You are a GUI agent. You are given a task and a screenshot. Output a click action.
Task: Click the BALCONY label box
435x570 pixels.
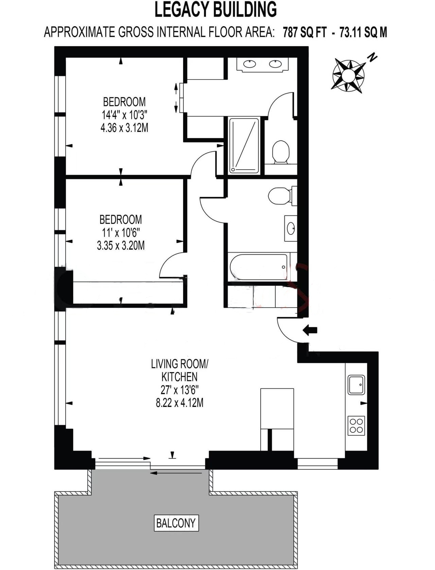pos(176,523)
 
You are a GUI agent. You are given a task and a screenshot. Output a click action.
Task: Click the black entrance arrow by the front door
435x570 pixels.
pos(310,330)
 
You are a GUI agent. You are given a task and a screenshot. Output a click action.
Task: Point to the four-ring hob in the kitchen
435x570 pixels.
pos(356,426)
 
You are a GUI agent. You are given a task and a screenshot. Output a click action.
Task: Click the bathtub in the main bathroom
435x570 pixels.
pos(259,267)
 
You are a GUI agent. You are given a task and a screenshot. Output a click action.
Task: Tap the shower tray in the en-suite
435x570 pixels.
pos(244,146)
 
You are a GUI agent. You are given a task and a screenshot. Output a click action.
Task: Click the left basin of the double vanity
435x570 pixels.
pos(250,64)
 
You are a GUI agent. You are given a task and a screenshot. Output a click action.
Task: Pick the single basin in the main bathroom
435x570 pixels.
pos(291,228)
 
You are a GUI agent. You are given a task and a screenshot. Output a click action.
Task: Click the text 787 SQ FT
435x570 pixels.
pos(304,33)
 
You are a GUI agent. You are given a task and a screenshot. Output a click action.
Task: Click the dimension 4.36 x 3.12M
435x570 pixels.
pos(124,128)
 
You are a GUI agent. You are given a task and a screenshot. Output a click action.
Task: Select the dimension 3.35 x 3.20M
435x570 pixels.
pos(121,245)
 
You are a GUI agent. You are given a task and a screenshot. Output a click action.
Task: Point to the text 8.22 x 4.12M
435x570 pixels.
pos(179,403)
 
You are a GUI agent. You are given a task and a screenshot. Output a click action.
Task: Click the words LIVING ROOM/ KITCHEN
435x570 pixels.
pos(179,370)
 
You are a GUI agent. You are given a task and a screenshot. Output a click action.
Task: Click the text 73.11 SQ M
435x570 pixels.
pos(363,33)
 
